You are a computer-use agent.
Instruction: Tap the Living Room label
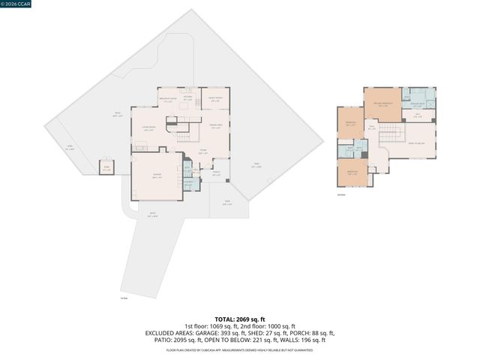pos(149,130)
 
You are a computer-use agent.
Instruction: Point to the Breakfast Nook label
pos(168,100)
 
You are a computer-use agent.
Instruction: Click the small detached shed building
pos(106,169)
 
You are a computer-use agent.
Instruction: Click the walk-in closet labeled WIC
pos(418,115)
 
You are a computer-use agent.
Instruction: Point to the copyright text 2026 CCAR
pos(17,4)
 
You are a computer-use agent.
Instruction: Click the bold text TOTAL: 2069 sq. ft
pos(240,319)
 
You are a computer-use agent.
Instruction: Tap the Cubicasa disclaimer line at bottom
pos(240,349)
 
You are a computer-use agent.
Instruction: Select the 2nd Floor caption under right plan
pos(341,195)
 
